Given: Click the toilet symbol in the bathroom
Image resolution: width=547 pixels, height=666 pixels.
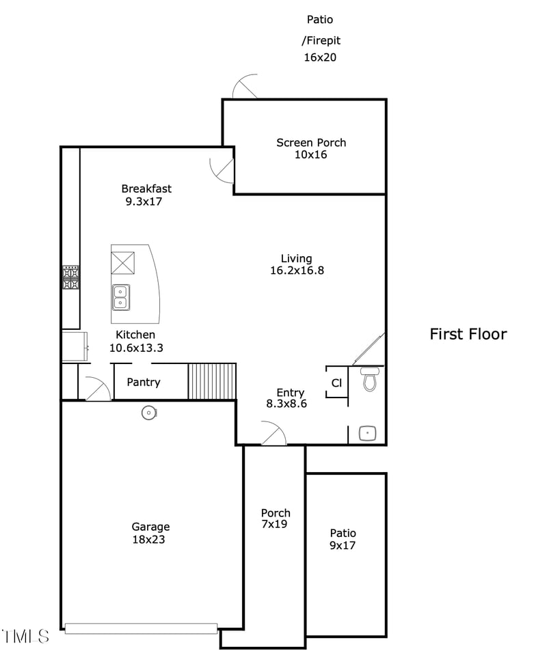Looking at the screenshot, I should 370,379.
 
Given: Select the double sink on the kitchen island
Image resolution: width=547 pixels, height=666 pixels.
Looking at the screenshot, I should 120,297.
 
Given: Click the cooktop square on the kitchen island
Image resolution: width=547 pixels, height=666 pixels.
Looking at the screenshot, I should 123,263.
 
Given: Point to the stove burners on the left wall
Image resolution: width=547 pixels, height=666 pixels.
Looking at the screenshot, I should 71,277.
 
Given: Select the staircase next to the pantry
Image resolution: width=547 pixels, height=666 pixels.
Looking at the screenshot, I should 212,381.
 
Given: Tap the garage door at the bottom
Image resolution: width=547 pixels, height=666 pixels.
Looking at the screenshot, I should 141,628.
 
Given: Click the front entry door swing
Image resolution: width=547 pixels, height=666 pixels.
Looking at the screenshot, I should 273,434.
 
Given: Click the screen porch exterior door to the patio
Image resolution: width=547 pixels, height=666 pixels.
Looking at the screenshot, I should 245,87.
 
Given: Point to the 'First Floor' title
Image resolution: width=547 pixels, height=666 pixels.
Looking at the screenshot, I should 468,334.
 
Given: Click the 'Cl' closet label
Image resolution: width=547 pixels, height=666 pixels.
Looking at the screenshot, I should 336,383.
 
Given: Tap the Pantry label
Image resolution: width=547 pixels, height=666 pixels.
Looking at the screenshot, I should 144,382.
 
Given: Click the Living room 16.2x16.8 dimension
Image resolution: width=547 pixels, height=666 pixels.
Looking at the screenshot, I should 297,270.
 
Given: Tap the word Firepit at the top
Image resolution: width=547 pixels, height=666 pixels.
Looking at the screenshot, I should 321,41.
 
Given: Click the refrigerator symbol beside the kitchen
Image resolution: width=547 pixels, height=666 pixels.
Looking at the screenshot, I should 75,346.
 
